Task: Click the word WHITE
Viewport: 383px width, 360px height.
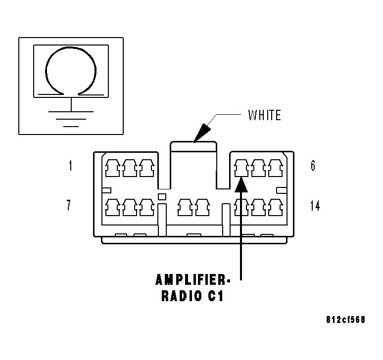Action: click(x=264, y=115)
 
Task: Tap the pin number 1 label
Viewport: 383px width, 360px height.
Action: click(x=70, y=166)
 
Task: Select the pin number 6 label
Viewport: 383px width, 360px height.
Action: click(x=313, y=166)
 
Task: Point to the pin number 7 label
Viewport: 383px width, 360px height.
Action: click(x=69, y=205)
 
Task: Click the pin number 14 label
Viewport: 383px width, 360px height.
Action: click(x=315, y=206)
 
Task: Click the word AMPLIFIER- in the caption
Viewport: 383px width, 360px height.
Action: click(x=192, y=280)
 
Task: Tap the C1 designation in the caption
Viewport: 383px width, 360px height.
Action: click(x=216, y=296)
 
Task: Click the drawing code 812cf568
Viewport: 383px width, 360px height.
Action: click(x=345, y=319)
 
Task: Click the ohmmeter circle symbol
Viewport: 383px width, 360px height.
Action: click(x=71, y=47)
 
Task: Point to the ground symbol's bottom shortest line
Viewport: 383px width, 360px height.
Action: click(x=71, y=127)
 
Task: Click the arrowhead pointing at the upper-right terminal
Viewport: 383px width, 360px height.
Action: click(x=241, y=184)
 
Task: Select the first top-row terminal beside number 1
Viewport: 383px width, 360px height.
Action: click(x=112, y=168)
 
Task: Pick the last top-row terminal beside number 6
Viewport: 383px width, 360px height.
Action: click(x=276, y=168)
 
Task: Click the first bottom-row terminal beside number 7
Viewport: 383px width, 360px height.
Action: click(x=112, y=207)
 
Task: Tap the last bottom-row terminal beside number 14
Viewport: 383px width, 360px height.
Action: click(x=276, y=207)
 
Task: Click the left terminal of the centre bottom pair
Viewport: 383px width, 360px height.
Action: click(x=185, y=207)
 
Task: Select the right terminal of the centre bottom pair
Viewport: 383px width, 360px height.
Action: click(x=202, y=207)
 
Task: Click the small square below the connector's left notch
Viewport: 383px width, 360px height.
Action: click(x=162, y=197)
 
